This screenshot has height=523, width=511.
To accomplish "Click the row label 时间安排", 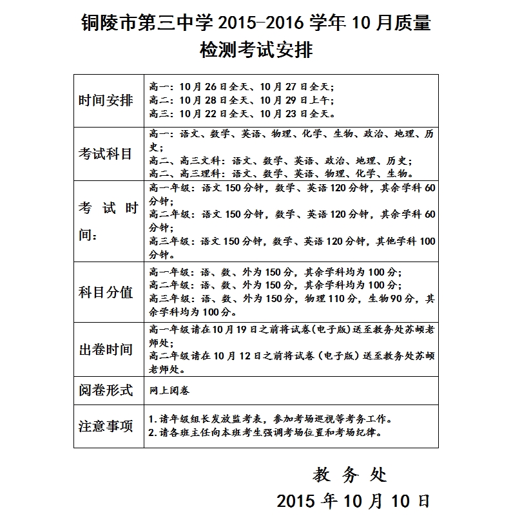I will point(106,100).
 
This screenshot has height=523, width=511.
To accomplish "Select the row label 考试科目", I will point(106,154).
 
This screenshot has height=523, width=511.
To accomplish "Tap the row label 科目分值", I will point(106,292).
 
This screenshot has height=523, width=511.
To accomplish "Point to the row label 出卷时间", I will point(106,349).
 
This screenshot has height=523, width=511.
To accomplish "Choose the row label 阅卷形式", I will point(106,390).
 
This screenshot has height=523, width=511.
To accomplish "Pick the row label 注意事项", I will point(106,426).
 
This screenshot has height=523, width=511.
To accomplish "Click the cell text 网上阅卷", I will point(169,390).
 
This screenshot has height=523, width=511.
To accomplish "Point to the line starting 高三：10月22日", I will point(242,114).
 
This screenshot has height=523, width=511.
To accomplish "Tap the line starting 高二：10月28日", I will point(242,100).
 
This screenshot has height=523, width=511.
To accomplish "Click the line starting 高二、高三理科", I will point(281,174).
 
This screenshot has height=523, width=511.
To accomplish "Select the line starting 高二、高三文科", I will point(281,160).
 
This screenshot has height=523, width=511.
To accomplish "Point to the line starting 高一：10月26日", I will point(242,86).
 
